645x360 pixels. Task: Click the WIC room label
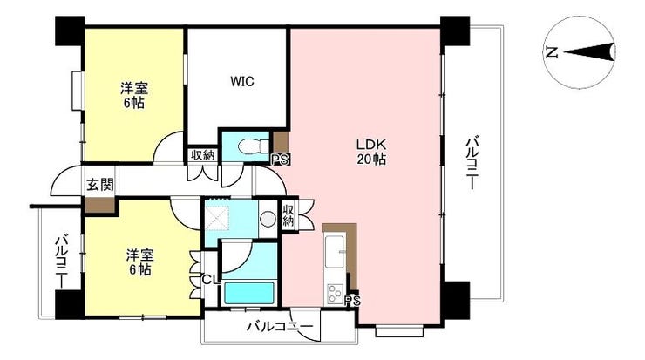(x=242, y=81)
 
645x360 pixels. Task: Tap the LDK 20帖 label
(x=371, y=152)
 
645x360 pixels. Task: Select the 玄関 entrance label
(x=99, y=185)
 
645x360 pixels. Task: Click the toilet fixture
(x=253, y=146)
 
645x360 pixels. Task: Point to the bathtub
(x=249, y=293)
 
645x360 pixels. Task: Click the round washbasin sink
(x=268, y=219)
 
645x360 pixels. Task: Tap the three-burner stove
(x=336, y=294)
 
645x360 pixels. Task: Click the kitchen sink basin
(x=336, y=251)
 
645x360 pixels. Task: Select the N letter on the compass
(x=552, y=52)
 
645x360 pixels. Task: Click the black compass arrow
(x=589, y=51)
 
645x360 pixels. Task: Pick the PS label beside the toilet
(x=280, y=160)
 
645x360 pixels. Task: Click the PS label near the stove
(x=352, y=301)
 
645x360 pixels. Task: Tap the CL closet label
(x=212, y=279)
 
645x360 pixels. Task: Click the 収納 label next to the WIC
(x=203, y=155)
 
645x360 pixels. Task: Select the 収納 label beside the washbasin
(x=289, y=216)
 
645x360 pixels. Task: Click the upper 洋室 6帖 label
(x=134, y=96)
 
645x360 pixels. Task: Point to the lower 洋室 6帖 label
(x=139, y=262)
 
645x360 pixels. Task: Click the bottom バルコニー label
(x=280, y=327)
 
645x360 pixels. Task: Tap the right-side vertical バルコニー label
(x=472, y=164)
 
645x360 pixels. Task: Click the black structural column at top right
(x=455, y=31)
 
